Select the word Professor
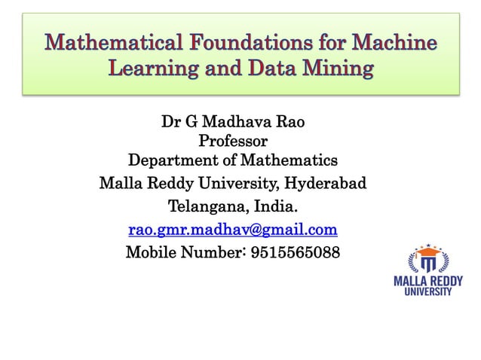point(232,141)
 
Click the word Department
point(173,160)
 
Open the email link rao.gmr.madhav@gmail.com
point(232,229)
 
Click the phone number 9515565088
point(296,252)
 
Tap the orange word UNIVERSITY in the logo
point(428,291)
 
